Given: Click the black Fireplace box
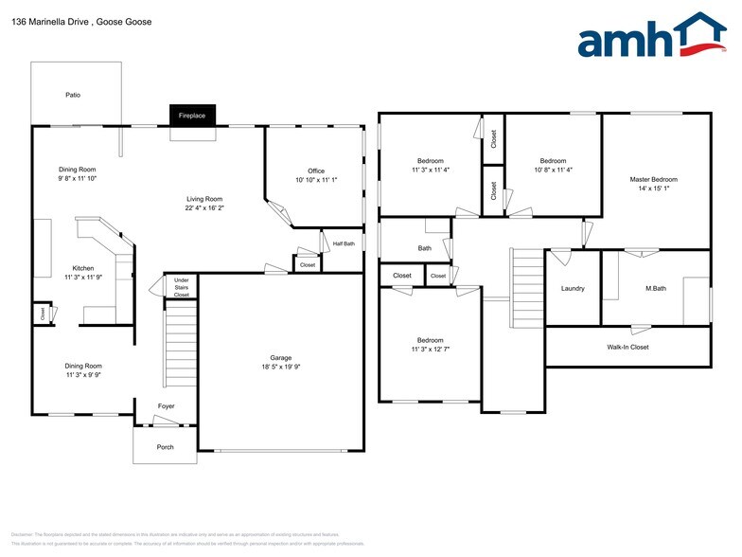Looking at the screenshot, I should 192,116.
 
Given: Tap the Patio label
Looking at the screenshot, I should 73,95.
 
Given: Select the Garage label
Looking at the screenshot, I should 280,357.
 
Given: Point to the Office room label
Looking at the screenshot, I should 315,171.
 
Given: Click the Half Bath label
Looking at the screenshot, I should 344,243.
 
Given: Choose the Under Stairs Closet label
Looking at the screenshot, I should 181,287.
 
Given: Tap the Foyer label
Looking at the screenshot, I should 166,406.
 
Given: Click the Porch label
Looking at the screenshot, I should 166,446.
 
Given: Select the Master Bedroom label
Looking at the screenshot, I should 654,179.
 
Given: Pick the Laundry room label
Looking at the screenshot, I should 573,288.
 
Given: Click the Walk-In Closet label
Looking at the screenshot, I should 627,347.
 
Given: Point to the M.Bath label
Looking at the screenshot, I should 656,288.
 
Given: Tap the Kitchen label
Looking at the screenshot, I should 83,268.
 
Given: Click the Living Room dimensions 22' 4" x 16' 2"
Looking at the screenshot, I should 203,208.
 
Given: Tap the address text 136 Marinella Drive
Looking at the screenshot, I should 57,22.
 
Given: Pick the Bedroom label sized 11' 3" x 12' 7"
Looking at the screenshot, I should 431,340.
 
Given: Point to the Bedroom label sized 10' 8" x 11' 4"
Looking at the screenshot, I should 553,161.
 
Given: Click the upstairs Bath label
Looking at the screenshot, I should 425,248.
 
